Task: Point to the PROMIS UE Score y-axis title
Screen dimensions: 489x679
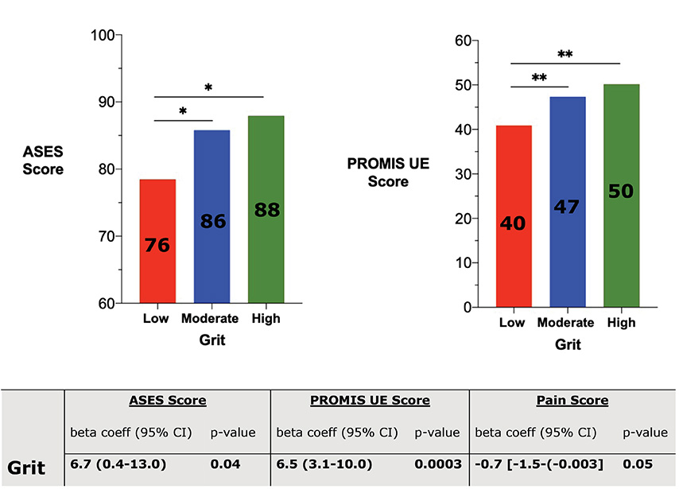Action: point(378,173)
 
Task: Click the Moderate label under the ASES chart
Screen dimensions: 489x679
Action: point(210,319)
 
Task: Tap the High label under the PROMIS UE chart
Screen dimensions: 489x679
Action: point(621,323)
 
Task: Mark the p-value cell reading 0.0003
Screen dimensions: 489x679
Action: point(440,463)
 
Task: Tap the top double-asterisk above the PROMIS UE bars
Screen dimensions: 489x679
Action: point(565,55)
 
